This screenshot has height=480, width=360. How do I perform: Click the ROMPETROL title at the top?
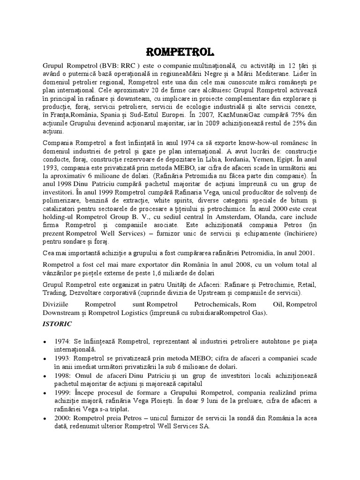180,51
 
